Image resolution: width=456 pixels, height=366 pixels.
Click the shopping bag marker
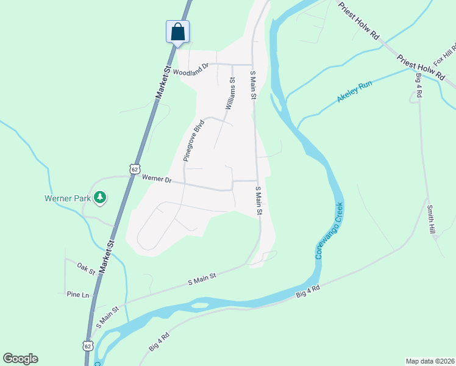point(177,31)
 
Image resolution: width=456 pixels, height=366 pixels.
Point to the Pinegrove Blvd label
point(193,140)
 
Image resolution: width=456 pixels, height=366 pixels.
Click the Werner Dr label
point(157,179)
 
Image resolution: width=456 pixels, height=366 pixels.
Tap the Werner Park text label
point(67,198)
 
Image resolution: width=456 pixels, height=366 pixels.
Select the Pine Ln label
point(78,294)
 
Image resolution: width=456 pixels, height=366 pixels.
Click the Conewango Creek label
point(329,230)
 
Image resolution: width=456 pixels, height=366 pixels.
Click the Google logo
point(20,359)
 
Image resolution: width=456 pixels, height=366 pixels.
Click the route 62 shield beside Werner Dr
point(134,168)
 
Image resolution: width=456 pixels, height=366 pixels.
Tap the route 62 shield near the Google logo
point(88,346)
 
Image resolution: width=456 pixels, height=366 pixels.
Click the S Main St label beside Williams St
point(252,85)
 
